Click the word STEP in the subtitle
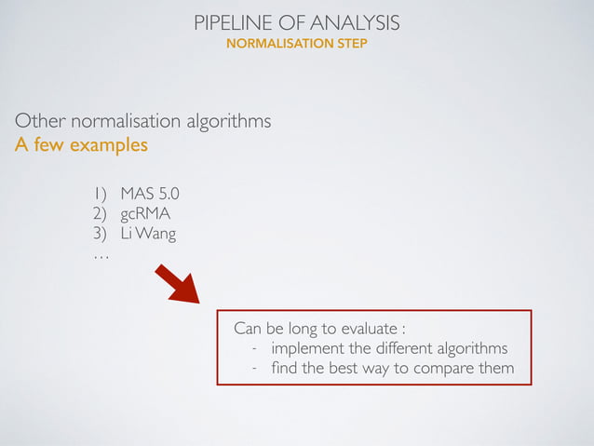click(351, 43)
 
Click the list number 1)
click(99, 195)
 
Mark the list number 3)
click(99, 234)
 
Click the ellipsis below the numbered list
click(101, 255)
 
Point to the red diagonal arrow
click(176, 283)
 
